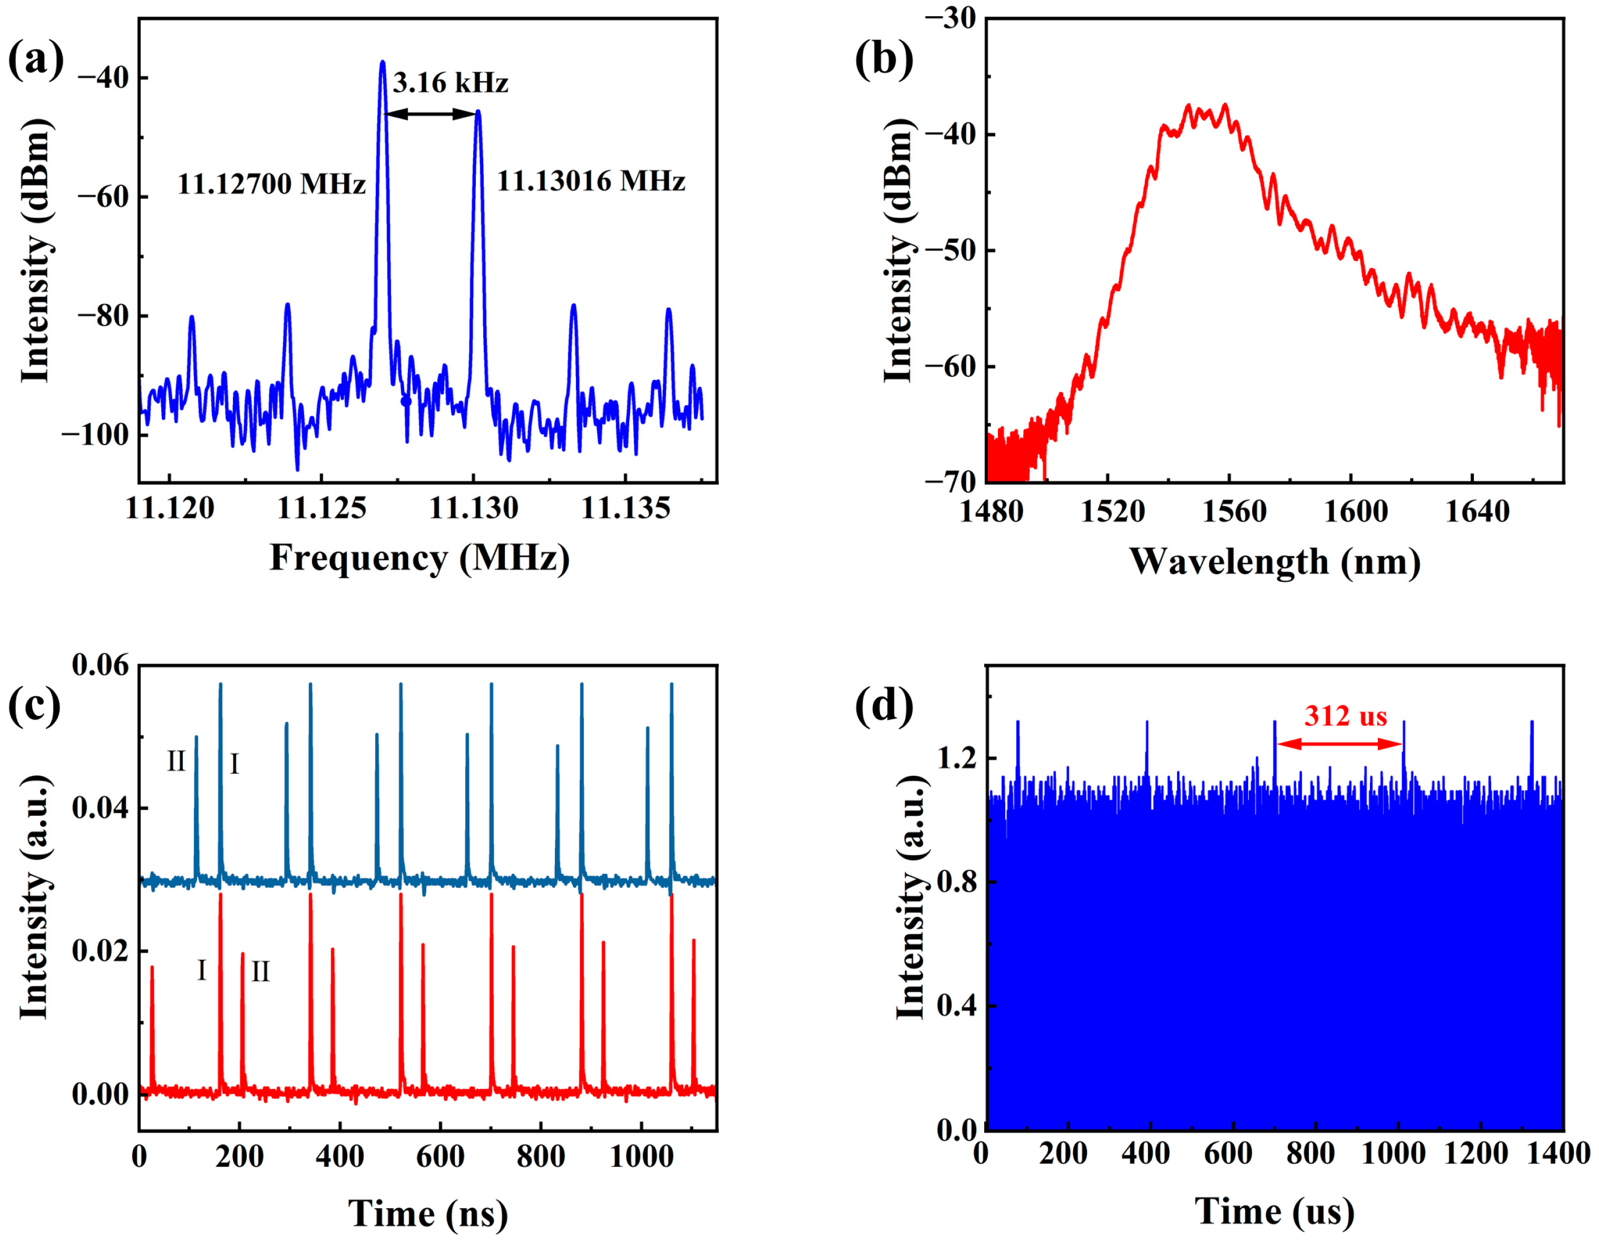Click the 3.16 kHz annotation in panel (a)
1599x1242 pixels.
tap(450, 83)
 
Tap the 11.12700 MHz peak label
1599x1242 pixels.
tap(271, 184)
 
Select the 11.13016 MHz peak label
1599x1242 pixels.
tap(591, 181)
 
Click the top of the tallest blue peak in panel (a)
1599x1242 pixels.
tap(382, 64)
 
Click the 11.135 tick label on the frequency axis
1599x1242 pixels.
tap(625, 508)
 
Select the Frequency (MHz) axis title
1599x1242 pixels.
tap(420, 558)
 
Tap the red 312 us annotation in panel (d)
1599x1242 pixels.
tap(1345, 715)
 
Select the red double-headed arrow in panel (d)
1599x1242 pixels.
tap(1339, 744)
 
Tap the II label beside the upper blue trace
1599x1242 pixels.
tap(176, 762)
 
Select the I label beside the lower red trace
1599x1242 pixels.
tap(202, 970)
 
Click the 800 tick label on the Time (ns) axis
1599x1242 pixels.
tap(540, 1157)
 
